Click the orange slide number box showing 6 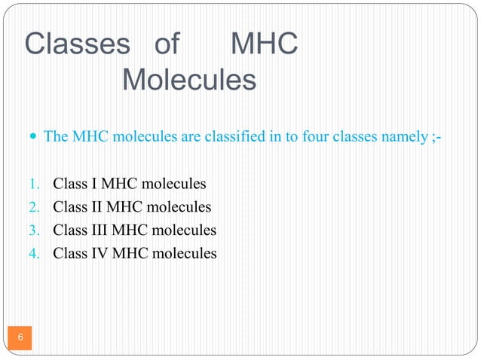pos(20,336)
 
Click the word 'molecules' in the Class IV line pos(185,254)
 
